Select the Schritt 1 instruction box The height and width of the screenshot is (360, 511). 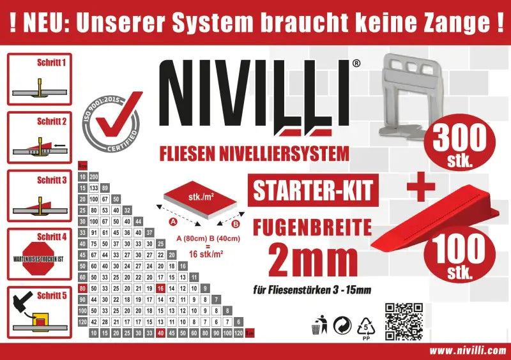click(40, 79)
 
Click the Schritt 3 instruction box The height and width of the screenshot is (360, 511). click(40, 195)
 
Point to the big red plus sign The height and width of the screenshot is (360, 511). click(421, 186)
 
